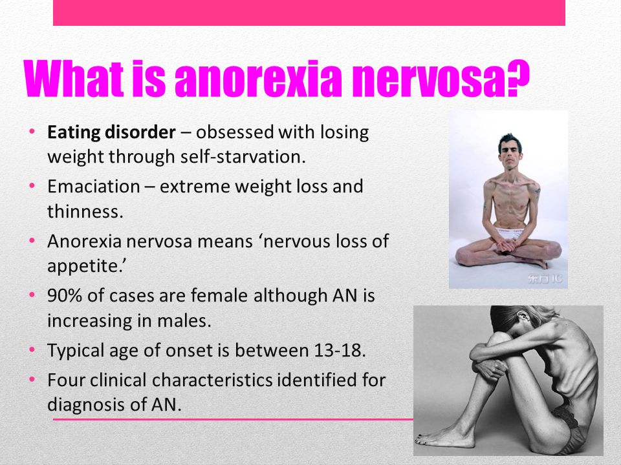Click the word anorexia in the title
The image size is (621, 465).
click(258, 79)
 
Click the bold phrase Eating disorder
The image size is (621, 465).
click(111, 132)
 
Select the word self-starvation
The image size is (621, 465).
click(243, 156)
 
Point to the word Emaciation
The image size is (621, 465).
click(93, 186)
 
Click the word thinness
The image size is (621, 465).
click(85, 211)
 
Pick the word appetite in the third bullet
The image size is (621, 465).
click(87, 266)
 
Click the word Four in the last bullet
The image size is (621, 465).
click(66, 380)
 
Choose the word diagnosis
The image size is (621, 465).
click(85, 405)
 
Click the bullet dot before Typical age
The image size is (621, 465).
click(32, 349)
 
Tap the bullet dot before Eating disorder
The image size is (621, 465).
click(32, 131)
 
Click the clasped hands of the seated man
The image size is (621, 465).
click(508, 245)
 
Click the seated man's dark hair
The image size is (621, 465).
click(510, 141)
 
